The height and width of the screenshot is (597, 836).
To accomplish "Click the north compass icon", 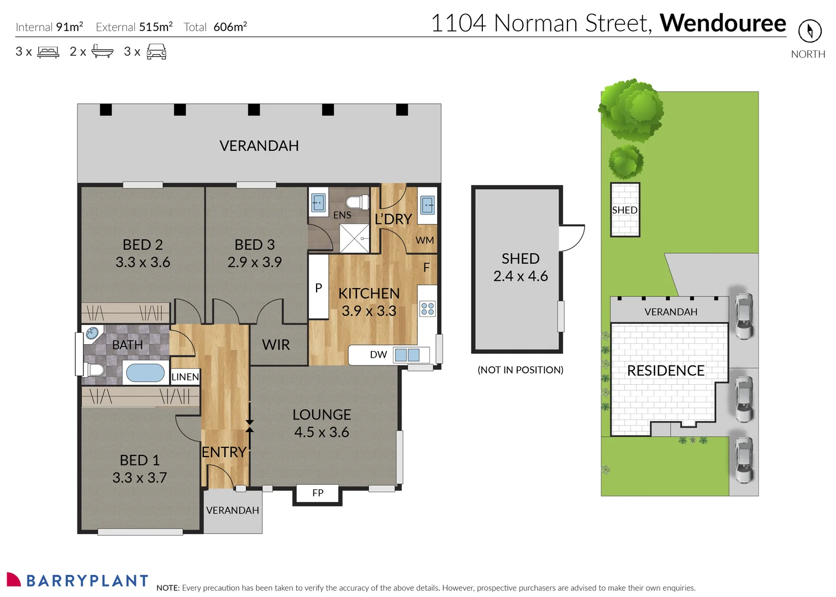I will pyautogui.click(x=809, y=31).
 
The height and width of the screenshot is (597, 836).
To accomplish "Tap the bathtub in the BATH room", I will pyautogui.click(x=145, y=373).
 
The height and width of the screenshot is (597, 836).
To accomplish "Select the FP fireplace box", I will pyautogui.click(x=318, y=493).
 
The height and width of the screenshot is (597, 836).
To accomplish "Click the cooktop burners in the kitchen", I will pyautogui.click(x=428, y=308).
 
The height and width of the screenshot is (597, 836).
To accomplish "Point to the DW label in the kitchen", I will pyautogui.click(x=378, y=355).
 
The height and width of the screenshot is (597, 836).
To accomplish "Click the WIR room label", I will pyautogui.click(x=276, y=345).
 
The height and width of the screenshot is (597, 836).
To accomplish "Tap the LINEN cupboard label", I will pyautogui.click(x=185, y=377).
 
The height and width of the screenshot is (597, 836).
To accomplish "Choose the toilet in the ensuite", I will pyautogui.click(x=356, y=202).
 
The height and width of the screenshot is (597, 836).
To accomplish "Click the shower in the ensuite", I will pyautogui.click(x=354, y=238).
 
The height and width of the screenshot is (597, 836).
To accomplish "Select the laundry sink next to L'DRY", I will pyautogui.click(x=428, y=205).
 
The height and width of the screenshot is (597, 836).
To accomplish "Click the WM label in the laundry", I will pyautogui.click(x=424, y=240).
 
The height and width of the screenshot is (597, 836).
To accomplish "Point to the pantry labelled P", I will pyautogui.click(x=318, y=287).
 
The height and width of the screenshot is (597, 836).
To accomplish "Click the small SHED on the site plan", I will pyautogui.click(x=625, y=210).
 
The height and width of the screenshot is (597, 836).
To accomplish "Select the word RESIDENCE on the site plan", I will pyautogui.click(x=665, y=370).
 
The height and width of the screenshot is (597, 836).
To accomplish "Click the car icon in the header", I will pyautogui.click(x=156, y=52).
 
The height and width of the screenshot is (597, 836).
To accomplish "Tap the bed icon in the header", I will pyautogui.click(x=48, y=52).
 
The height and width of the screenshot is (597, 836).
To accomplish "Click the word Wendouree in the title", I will pyautogui.click(x=723, y=23).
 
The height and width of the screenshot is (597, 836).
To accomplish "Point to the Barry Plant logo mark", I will pyautogui.click(x=14, y=579).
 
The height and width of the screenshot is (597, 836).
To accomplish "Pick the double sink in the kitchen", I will pyautogui.click(x=407, y=355).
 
